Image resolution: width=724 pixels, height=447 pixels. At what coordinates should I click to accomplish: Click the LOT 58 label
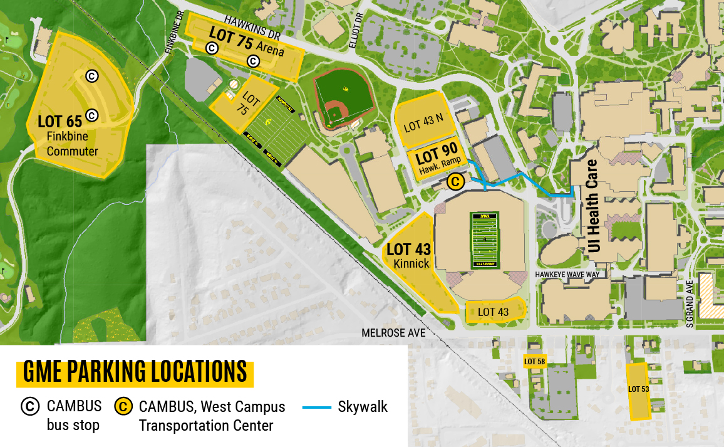[534, 361]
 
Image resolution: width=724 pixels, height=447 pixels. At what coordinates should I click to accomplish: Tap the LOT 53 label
[639, 389]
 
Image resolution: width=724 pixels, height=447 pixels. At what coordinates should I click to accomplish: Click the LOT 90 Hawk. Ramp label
[437, 157]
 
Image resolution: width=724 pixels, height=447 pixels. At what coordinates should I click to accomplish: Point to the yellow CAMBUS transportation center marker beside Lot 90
[456, 182]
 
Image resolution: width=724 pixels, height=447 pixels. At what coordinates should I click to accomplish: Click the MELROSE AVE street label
[393, 333]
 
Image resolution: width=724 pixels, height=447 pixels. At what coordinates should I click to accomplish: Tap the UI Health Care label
[593, 205]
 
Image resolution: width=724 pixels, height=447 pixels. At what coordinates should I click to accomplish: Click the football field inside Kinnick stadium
[484, 240]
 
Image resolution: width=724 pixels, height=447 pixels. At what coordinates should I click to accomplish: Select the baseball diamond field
[343, 98]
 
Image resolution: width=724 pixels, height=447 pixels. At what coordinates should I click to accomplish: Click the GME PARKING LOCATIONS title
[135, 372]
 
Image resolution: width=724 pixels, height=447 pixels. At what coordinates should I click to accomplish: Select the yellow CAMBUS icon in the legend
[123, 407]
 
